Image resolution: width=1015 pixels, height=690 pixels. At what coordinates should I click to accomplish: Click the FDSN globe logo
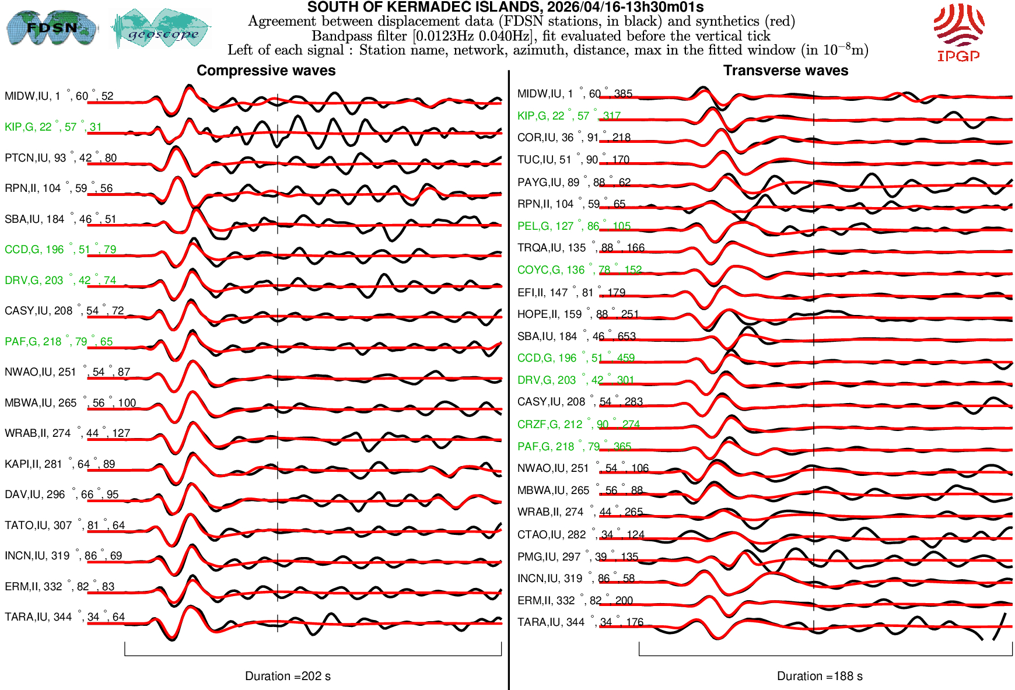(51, 27)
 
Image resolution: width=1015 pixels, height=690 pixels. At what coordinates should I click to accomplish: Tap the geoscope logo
(162, 29)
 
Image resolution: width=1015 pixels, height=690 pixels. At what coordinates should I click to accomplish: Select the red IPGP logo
(958, 32)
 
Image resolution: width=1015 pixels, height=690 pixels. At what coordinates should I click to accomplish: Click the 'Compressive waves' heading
(266, 71)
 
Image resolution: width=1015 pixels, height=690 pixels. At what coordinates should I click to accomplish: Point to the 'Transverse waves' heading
(786, 71)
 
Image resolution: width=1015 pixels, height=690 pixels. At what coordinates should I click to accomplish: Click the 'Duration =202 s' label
(288, 676)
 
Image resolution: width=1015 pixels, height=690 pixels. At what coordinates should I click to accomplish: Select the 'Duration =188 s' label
(820, 676)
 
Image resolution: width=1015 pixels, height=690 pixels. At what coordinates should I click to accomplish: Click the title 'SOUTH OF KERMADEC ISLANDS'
(505, 7)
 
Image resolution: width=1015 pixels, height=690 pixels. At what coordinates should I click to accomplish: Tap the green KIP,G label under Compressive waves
(53, 127)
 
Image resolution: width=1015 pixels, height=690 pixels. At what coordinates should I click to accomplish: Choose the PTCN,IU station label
(61, 158)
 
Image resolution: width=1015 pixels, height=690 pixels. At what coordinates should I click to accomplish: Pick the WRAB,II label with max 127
(67, 433)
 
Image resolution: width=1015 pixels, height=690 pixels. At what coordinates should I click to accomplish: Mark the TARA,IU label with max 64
(64, 617)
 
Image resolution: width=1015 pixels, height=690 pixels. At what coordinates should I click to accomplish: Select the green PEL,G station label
(573, 226)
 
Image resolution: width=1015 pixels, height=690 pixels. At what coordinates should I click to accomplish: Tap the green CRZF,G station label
(578, 425)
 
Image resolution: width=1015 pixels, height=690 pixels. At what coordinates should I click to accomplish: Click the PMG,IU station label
(577, 557)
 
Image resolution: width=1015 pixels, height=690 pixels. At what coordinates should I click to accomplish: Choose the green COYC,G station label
(579, 270)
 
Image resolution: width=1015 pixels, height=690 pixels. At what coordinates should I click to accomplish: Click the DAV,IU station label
(61, 495)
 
